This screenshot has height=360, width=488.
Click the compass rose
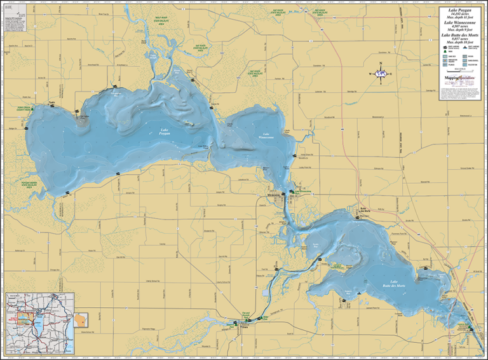coord(381,74)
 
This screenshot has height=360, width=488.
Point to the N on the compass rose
coord(381,64)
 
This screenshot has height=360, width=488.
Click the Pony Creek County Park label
coord(24,109)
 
